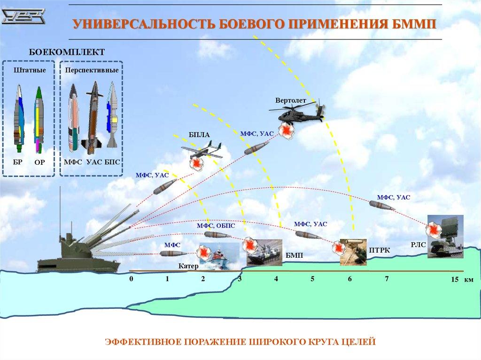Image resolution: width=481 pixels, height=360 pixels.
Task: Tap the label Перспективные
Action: click(92, 70)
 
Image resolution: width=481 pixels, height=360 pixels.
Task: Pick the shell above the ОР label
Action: click(38, 120)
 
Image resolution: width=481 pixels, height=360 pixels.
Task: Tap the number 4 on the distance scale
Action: click(276, 279)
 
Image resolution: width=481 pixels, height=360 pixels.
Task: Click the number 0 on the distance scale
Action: click(132, 279)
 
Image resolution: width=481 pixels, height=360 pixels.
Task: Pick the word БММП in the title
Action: click(416, 24)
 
